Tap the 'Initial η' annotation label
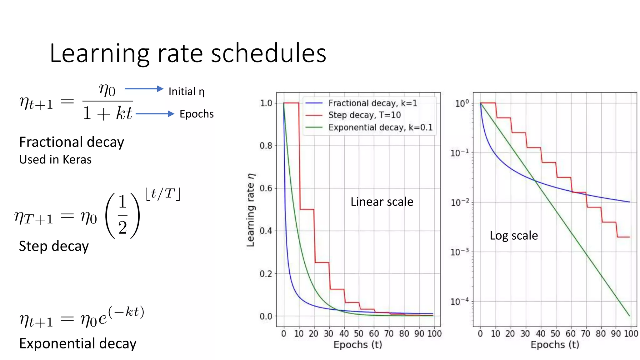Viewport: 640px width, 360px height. pos(187,92)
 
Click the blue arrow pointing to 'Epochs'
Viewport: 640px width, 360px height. pos(155,114)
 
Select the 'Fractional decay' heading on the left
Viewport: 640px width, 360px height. pos(72,142)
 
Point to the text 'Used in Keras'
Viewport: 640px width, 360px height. pos(55,160)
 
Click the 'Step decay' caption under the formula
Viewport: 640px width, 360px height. pos(54,246)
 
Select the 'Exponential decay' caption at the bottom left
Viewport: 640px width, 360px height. pos(78,343)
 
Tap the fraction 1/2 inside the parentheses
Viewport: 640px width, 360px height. pos(122,215)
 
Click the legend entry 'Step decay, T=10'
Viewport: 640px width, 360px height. pos(364,115)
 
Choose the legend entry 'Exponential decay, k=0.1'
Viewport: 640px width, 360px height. pos(380,127)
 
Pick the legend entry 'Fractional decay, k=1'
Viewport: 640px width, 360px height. pos(372,103)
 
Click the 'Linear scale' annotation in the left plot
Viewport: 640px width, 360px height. pos(382,202)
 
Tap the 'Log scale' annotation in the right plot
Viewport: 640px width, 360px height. pos(513,236)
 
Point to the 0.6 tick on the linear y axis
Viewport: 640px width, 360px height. pos(266,188)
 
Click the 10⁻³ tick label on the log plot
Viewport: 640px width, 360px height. pos(459,252)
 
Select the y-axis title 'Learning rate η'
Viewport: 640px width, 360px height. pos(251,210)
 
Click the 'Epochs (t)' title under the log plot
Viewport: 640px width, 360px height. pos(555,345)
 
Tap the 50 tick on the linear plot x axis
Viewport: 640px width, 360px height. pos(358,334)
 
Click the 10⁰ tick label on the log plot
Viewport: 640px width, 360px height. pos(462,103)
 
